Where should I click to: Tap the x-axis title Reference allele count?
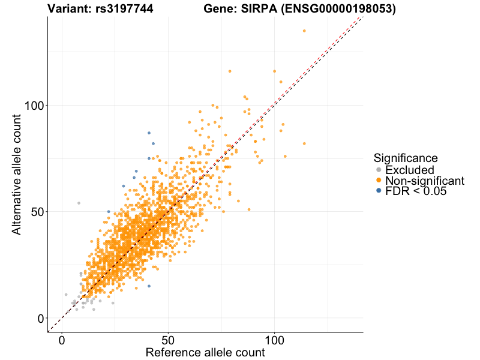click(205, 352)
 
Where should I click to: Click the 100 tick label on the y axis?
click(34, 106)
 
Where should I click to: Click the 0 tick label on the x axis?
click(62, 340)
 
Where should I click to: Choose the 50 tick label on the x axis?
click(169, 340)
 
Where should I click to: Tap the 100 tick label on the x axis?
click(275, 340)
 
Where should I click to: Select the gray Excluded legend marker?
click(379, 170)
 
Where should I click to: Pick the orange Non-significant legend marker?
click(379, 181)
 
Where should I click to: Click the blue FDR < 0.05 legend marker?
click(379, 191)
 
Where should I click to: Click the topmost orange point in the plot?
click(304, 31)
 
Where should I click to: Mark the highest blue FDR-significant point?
click(149, 133)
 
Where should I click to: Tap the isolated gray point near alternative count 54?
click(79, 203)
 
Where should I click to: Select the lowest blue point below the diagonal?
click(149, 286)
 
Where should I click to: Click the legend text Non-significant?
click(425, 181)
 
